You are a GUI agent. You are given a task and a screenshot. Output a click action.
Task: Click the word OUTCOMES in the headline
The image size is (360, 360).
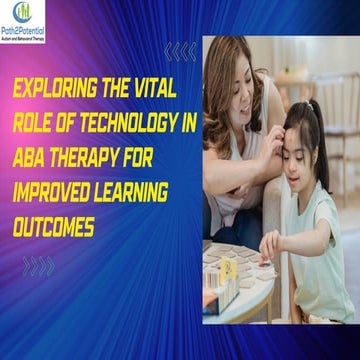pos(55,201)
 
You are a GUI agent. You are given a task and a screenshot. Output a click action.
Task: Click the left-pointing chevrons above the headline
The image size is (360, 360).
pos(180,51)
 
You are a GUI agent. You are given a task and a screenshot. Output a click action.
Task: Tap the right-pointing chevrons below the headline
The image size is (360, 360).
pos(38,265)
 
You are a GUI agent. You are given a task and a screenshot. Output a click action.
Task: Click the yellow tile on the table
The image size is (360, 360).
pos(227,267)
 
